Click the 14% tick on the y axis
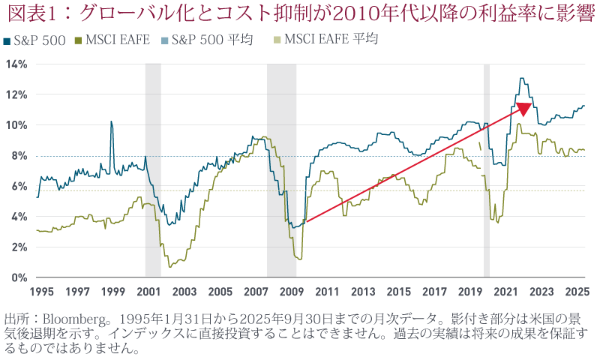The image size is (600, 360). tap(17, 64)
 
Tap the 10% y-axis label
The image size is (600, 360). tap(17, 125)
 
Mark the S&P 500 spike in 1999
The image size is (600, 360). tap(112, 121)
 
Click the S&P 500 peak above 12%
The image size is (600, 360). tap(522, 79)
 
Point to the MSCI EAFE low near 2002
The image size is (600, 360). tap(170, 265)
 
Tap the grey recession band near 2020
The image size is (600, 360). tap(487, 171)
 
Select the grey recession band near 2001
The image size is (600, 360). tap(153, 171)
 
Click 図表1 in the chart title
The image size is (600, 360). tap(28, 13)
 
